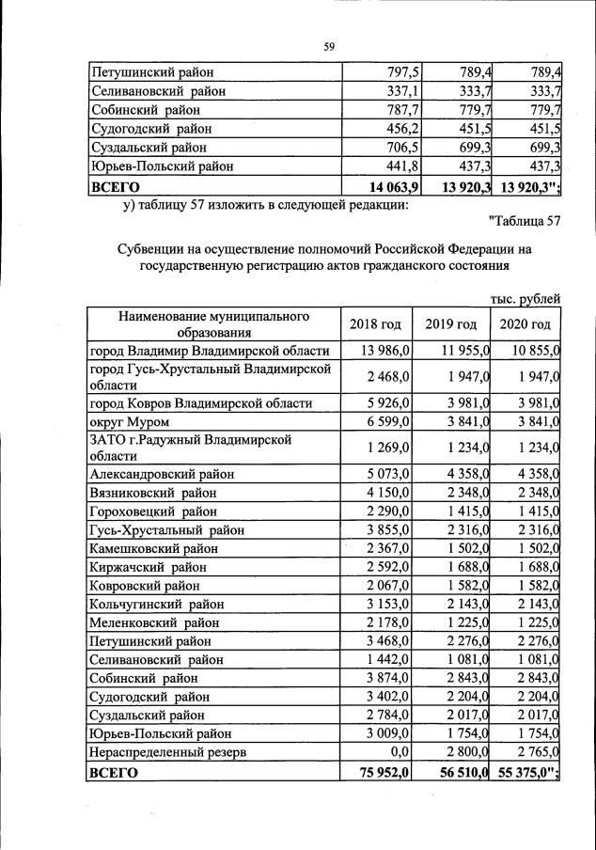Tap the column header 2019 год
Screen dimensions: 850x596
pyautogui.click(x=451, y=324)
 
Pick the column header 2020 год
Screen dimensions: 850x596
pyautogui.click(x=525, y=324)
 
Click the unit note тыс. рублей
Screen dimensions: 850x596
pyautogui.click(x=525, y=299)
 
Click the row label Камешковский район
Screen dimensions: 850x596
pyautogui.click(x=152, y=548)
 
